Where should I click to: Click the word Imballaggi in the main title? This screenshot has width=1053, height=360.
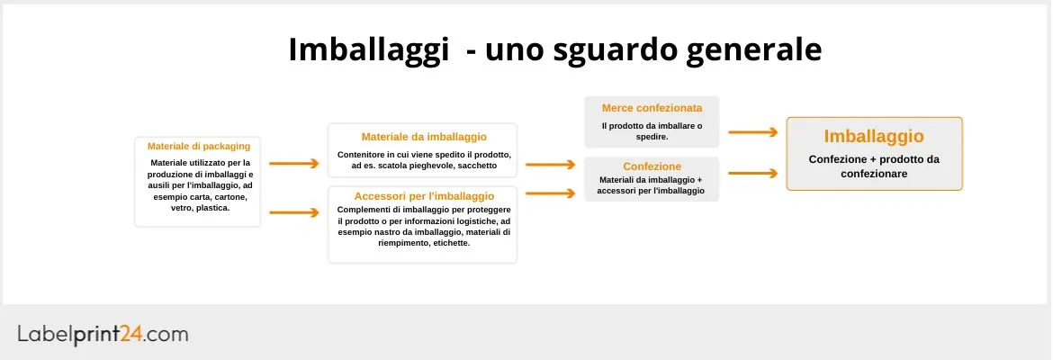point(368,49)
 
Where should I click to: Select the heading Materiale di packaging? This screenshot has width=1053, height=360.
point(198,146)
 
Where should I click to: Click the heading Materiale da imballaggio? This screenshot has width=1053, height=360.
point(424,137)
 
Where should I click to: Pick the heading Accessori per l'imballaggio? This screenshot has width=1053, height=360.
point(424,196)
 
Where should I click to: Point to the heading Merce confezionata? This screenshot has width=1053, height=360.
point(652,108)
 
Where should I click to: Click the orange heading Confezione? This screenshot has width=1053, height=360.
point(652,166)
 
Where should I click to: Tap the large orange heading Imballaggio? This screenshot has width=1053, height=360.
point(874,137)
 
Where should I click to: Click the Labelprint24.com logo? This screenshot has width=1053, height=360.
point(103,334)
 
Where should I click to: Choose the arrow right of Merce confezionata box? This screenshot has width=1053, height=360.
point(752,132)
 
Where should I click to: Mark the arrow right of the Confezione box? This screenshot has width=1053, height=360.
point(752,172)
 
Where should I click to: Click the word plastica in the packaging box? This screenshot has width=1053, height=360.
point(212,207)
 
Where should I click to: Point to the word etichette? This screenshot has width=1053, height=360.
point(450,243)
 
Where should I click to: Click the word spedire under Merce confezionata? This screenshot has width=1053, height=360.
point(651,137)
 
